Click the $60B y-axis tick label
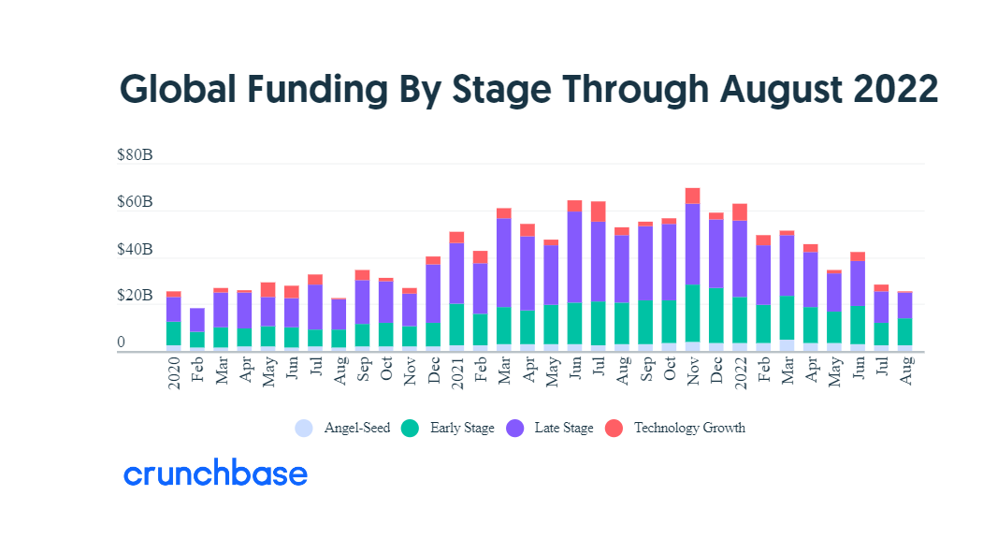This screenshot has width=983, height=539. pyautogui.click(x=134, y=203)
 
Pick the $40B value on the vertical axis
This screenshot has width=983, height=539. pyautogui.click(x=134, y=250)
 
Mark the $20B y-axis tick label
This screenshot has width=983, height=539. pyautogui.click(x=134, y=297)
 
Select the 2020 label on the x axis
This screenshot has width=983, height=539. pyautogui.click(x=174, y=372)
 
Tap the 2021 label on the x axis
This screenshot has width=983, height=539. pyautogui.click(x=456, y=372)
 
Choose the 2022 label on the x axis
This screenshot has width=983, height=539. pyautogui.click(x=740, y=372)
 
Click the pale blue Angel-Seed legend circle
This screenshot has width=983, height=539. pyautogui.click(x=303, y=429)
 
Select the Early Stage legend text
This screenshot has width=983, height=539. pyautogui.click(x=462, y=429)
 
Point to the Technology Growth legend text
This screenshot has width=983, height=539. pyautogui.click(x=689, y=429)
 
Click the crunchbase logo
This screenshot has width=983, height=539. pyautogui.click(x=215, y=474)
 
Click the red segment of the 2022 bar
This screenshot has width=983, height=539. pyautogui.click(x=740, y=212)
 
